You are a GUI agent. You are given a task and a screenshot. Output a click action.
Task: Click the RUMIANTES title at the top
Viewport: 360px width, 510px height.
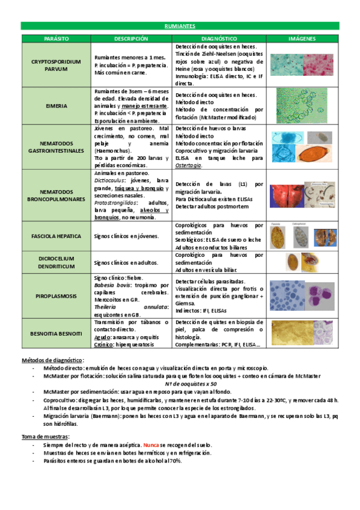180,26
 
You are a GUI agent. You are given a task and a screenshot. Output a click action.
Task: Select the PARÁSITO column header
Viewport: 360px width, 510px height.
56,38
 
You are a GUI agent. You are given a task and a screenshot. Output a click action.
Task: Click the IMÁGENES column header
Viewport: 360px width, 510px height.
302,38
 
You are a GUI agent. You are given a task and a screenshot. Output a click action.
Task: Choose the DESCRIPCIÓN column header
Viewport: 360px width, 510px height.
131,38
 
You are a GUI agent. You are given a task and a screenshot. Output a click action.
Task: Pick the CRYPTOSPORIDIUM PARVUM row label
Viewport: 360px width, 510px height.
56,65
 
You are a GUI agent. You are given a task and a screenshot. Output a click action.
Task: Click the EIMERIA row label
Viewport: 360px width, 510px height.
56,106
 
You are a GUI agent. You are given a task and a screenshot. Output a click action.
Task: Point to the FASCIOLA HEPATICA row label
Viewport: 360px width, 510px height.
56,236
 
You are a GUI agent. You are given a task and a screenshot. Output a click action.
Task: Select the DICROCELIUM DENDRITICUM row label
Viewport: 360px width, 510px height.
56,263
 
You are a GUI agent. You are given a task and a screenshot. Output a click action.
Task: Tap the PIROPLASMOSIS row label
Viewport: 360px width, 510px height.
56,296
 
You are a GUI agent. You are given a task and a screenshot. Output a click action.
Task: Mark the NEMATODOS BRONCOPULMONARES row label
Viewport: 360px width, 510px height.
56,194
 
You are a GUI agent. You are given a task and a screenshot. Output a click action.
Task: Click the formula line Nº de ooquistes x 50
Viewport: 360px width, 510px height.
191,383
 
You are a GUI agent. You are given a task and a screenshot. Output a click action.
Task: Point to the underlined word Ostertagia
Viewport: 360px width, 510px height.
189,165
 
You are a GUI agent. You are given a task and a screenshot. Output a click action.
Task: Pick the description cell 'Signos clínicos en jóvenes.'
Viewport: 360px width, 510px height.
126,236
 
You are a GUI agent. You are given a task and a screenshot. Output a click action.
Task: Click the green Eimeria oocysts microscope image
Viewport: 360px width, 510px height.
302,105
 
